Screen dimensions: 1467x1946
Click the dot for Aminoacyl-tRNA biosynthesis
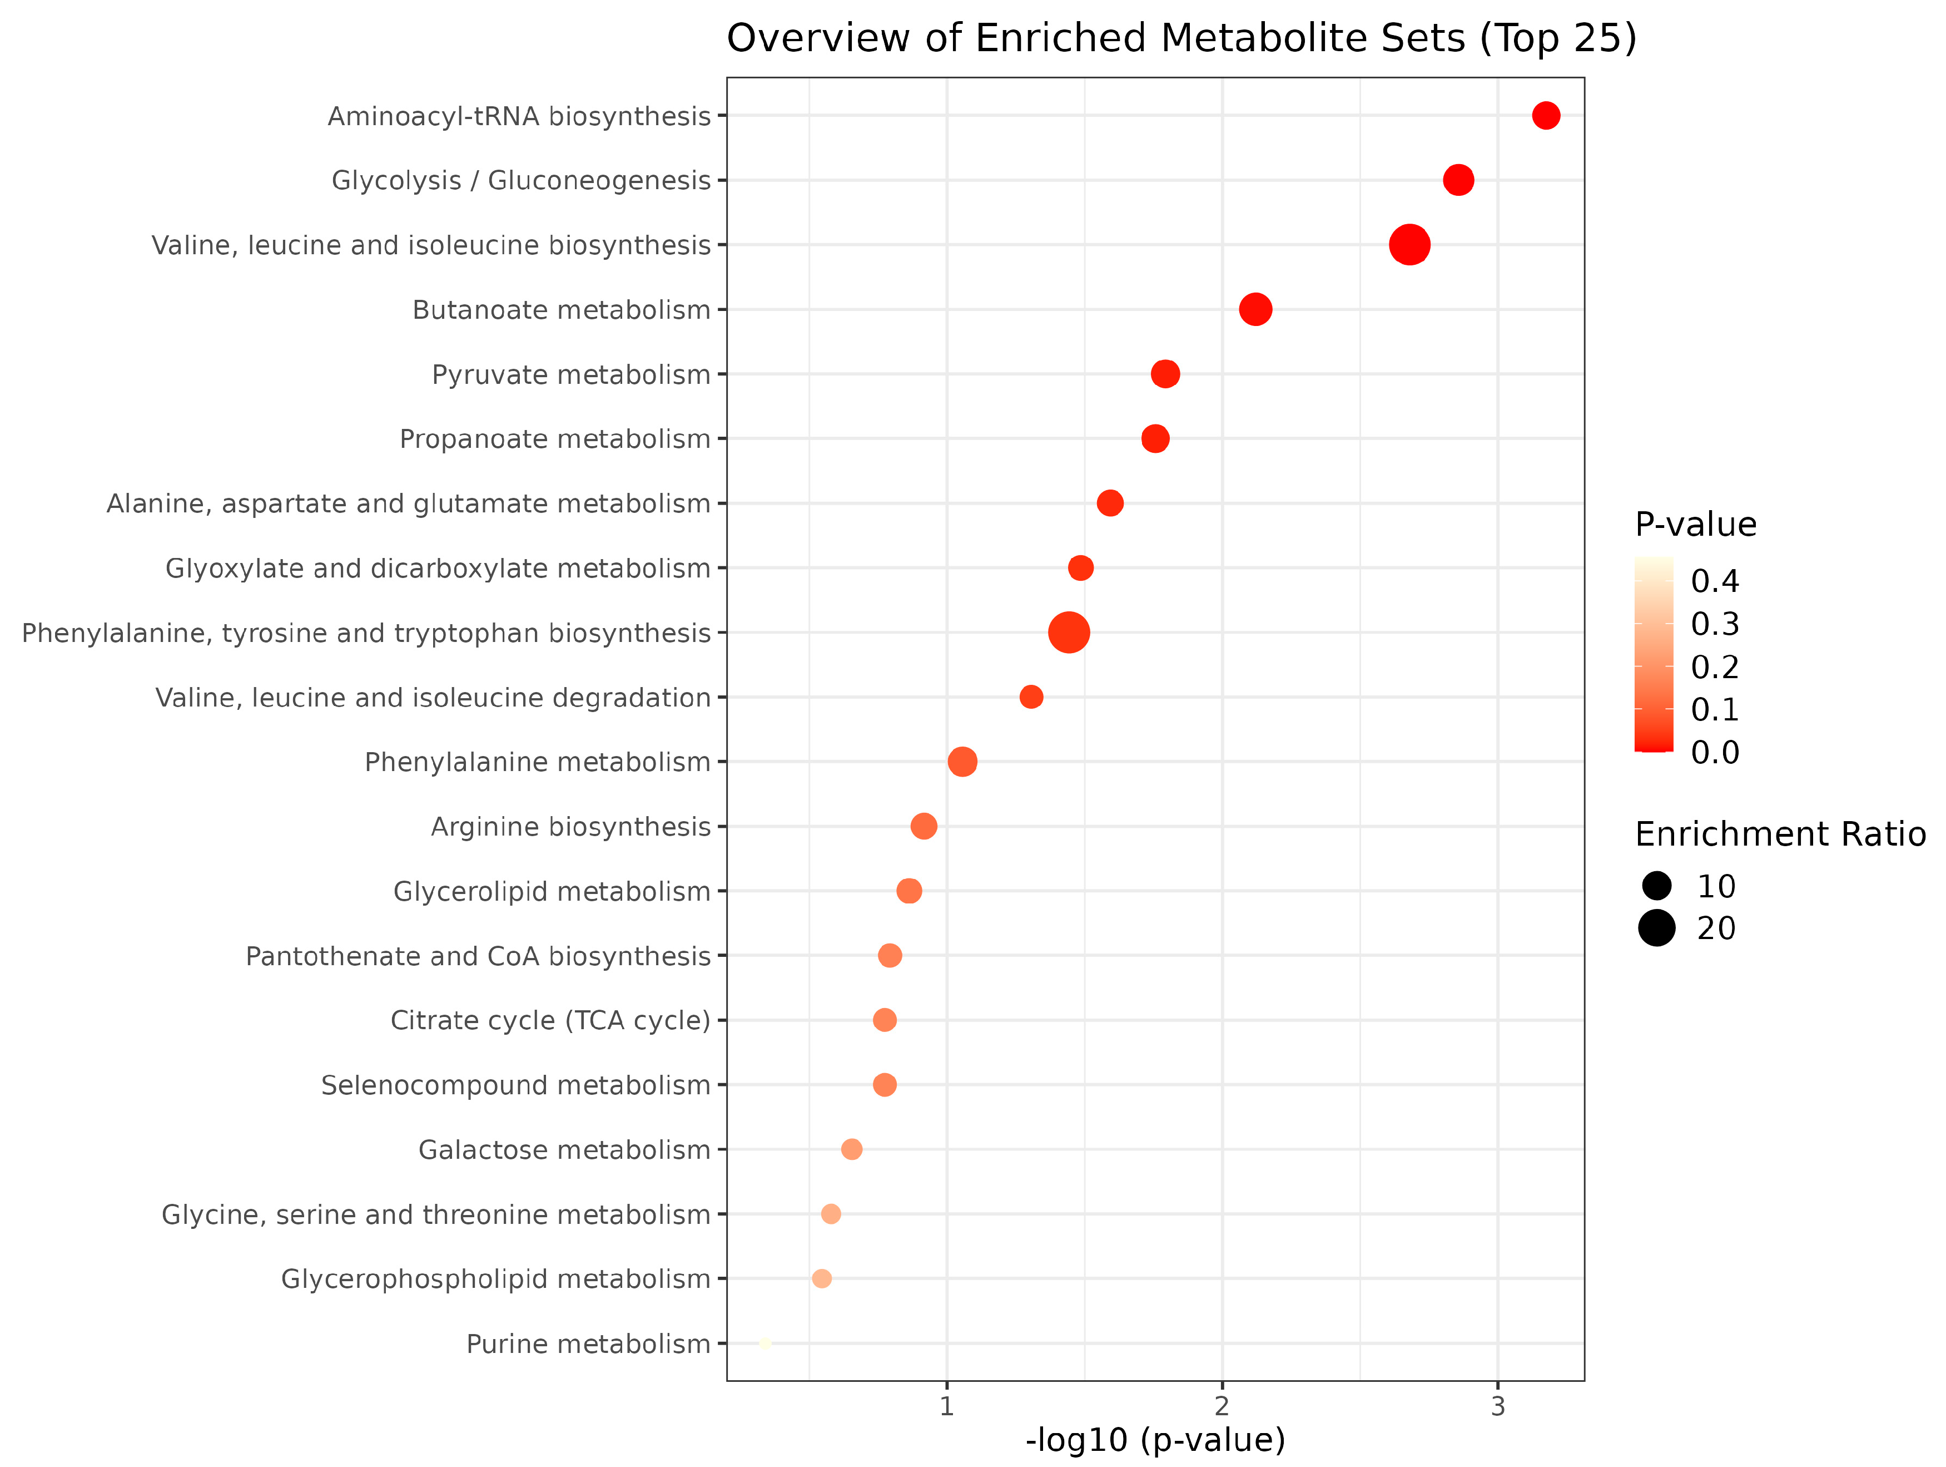coord(1546,115)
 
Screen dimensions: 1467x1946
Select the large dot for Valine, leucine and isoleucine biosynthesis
coord(1409,245)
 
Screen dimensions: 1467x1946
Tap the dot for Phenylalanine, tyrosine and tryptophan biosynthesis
coord(1069,633)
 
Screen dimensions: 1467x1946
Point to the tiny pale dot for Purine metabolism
coord(765,1343)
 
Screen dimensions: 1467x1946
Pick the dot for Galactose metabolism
coord(852,1149)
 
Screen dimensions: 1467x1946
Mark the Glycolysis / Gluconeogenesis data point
coord(1458,180)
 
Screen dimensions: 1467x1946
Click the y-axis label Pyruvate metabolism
coord(571,375)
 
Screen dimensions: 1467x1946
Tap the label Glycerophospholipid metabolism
coord(495,1278)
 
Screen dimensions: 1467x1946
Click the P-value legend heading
coord(1695,525)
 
